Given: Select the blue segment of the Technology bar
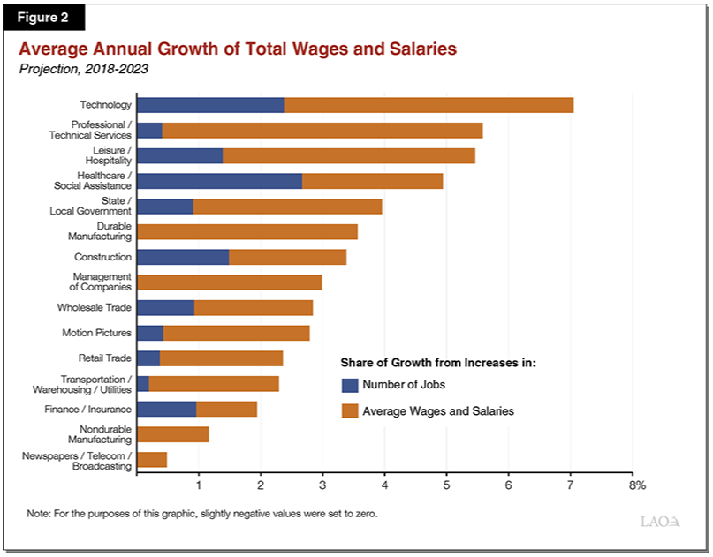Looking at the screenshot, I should coord(211,105).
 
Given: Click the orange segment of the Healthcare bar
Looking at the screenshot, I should coord(372,181).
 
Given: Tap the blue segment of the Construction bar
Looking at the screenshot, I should coord(183,257).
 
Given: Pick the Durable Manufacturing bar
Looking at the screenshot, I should coord(247,231).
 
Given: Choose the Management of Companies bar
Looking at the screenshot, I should coord(230,282).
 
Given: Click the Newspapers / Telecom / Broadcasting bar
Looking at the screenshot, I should coord(152,459).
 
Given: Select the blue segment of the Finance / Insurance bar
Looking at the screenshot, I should coord(167,409).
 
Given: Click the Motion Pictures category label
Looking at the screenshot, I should coord(96,333).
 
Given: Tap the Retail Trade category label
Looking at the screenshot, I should coord(104,358).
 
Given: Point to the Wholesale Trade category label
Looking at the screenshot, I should coord(94,307).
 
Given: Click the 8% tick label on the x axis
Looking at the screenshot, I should coord(636,485).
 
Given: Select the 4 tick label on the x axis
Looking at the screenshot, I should coord(384,485).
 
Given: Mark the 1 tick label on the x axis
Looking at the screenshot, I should coord(199,485).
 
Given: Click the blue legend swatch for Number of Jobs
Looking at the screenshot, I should coord(349,385).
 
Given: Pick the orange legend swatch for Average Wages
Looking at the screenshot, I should coord(349,410).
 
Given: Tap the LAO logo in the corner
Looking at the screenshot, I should coord(660,521).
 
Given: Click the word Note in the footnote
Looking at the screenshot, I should coord(40,513).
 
